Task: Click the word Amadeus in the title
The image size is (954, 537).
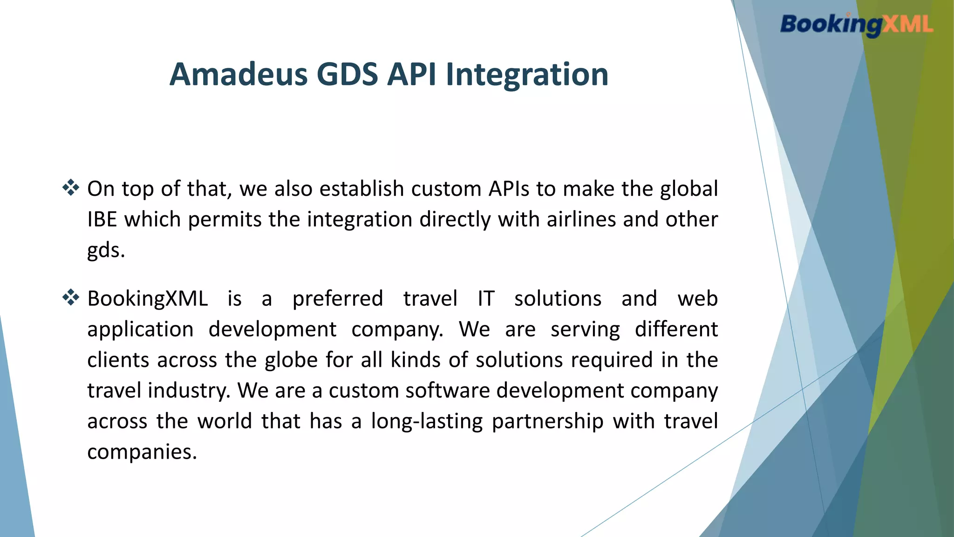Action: pos(238,74)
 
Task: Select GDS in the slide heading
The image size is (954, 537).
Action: pos(347,74)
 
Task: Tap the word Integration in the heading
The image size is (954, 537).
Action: pos(527,75)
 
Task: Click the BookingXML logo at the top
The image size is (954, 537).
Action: pos(857,24)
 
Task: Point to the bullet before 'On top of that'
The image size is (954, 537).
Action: pos(71,187)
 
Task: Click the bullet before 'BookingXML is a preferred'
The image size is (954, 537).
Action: pos(71,297)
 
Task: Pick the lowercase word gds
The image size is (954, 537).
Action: pos(106,250)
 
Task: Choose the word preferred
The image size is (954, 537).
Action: pos(338,299)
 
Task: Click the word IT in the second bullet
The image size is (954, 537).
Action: pos(486,299)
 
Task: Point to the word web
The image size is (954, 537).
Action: pos(698,298)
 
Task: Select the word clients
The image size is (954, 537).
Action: pos(118,360)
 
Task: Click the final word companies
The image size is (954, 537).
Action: pos(142,452)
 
